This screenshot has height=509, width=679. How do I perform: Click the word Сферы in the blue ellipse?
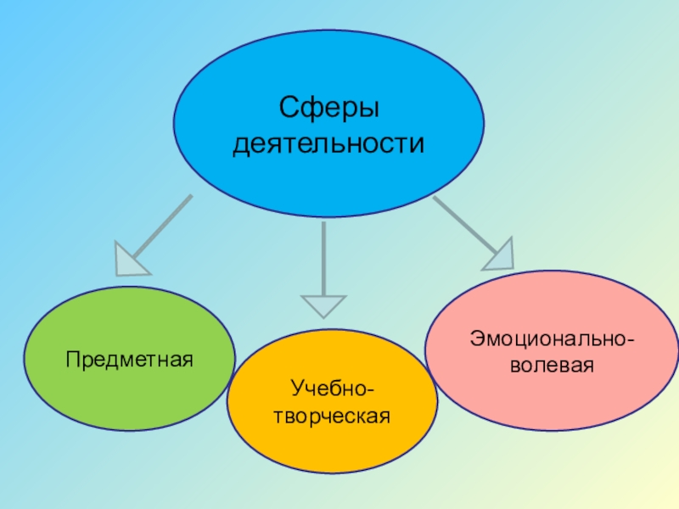point(328,109)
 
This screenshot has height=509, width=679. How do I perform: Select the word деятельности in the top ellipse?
point(328,144)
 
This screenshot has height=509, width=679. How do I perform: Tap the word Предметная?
point(130,359)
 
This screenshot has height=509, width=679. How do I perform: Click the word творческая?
point(332,417)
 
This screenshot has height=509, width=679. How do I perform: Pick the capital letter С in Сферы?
point(288,109)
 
